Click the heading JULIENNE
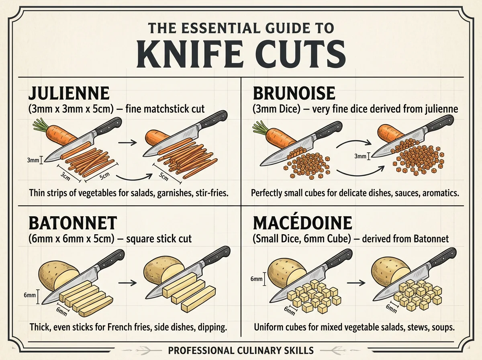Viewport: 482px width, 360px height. coord(69,93)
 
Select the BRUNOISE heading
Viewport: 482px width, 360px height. coord(294,93)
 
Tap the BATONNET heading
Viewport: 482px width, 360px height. coord(73,223)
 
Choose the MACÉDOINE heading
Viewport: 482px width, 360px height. coord(302,223)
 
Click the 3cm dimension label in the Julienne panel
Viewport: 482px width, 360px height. coord(65,176)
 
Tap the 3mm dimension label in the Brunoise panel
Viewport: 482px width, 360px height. coord(360,156)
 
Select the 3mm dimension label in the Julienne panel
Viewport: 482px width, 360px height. coord(33,160)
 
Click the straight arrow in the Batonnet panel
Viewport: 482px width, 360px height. coord(127,283)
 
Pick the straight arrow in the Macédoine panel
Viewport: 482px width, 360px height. coord(356,283)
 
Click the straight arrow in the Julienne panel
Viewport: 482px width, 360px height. coord(127,143)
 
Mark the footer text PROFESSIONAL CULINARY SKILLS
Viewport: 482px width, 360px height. coord(241,350)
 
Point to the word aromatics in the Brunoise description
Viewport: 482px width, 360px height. coord(441,193)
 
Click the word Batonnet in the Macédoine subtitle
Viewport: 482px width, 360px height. coord(431,239)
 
